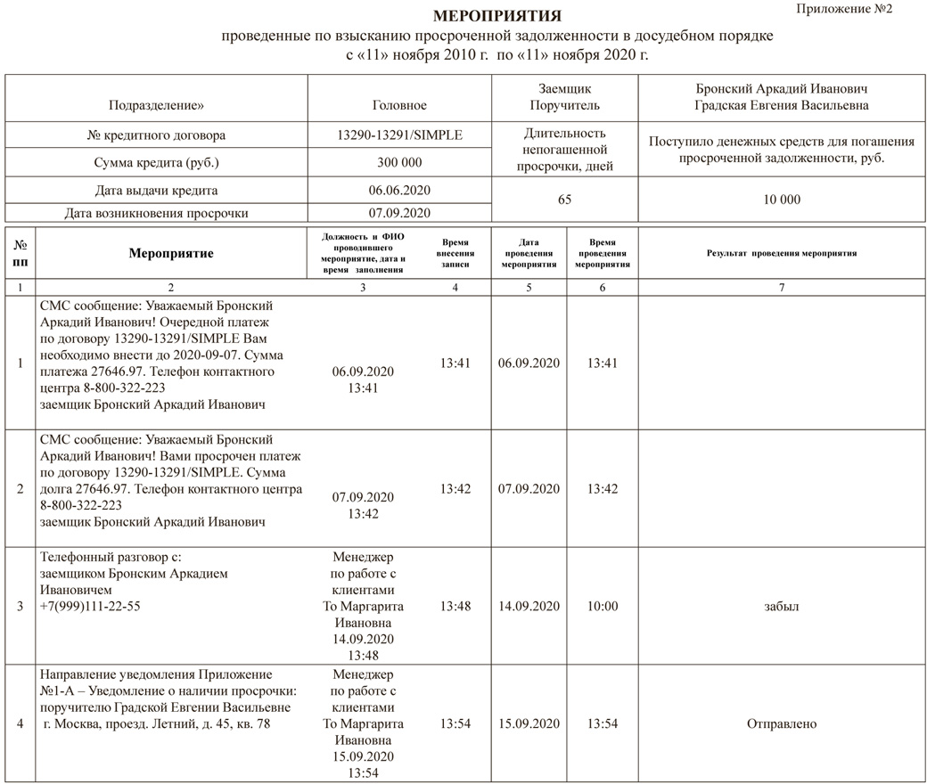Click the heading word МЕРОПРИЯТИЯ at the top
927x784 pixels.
[x=496, y=16]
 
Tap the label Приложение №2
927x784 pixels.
[x=843, y=9]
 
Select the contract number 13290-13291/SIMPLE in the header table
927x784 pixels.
[x=399, y=136]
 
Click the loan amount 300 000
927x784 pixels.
[x=399, y=163]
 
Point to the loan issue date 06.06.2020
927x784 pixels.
[x=399, y=190]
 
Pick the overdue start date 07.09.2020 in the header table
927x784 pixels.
[x=399, y=213]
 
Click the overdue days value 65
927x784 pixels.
[x=564, y=200]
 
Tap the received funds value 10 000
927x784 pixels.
[x=782, y=200]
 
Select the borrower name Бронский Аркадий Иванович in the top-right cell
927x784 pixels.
[x=782, y=89]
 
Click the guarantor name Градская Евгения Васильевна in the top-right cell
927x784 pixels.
[x=782, y=105]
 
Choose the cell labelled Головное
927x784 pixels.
[x=399, y=105]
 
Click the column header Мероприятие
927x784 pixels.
[x=171, y=254]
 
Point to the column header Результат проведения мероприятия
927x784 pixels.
[x=782, y=254]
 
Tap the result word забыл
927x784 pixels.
[x=782, y=607]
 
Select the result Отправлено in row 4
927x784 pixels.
[x=782, y=723]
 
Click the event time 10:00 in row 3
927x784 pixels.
[x=603, y=607]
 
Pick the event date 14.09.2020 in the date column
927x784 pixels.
[x=529, y=607]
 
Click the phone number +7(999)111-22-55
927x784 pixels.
[x=90, y=607]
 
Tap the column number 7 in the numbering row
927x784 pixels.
[x=782, y=288]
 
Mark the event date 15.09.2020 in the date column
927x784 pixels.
[x=529, y=723]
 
